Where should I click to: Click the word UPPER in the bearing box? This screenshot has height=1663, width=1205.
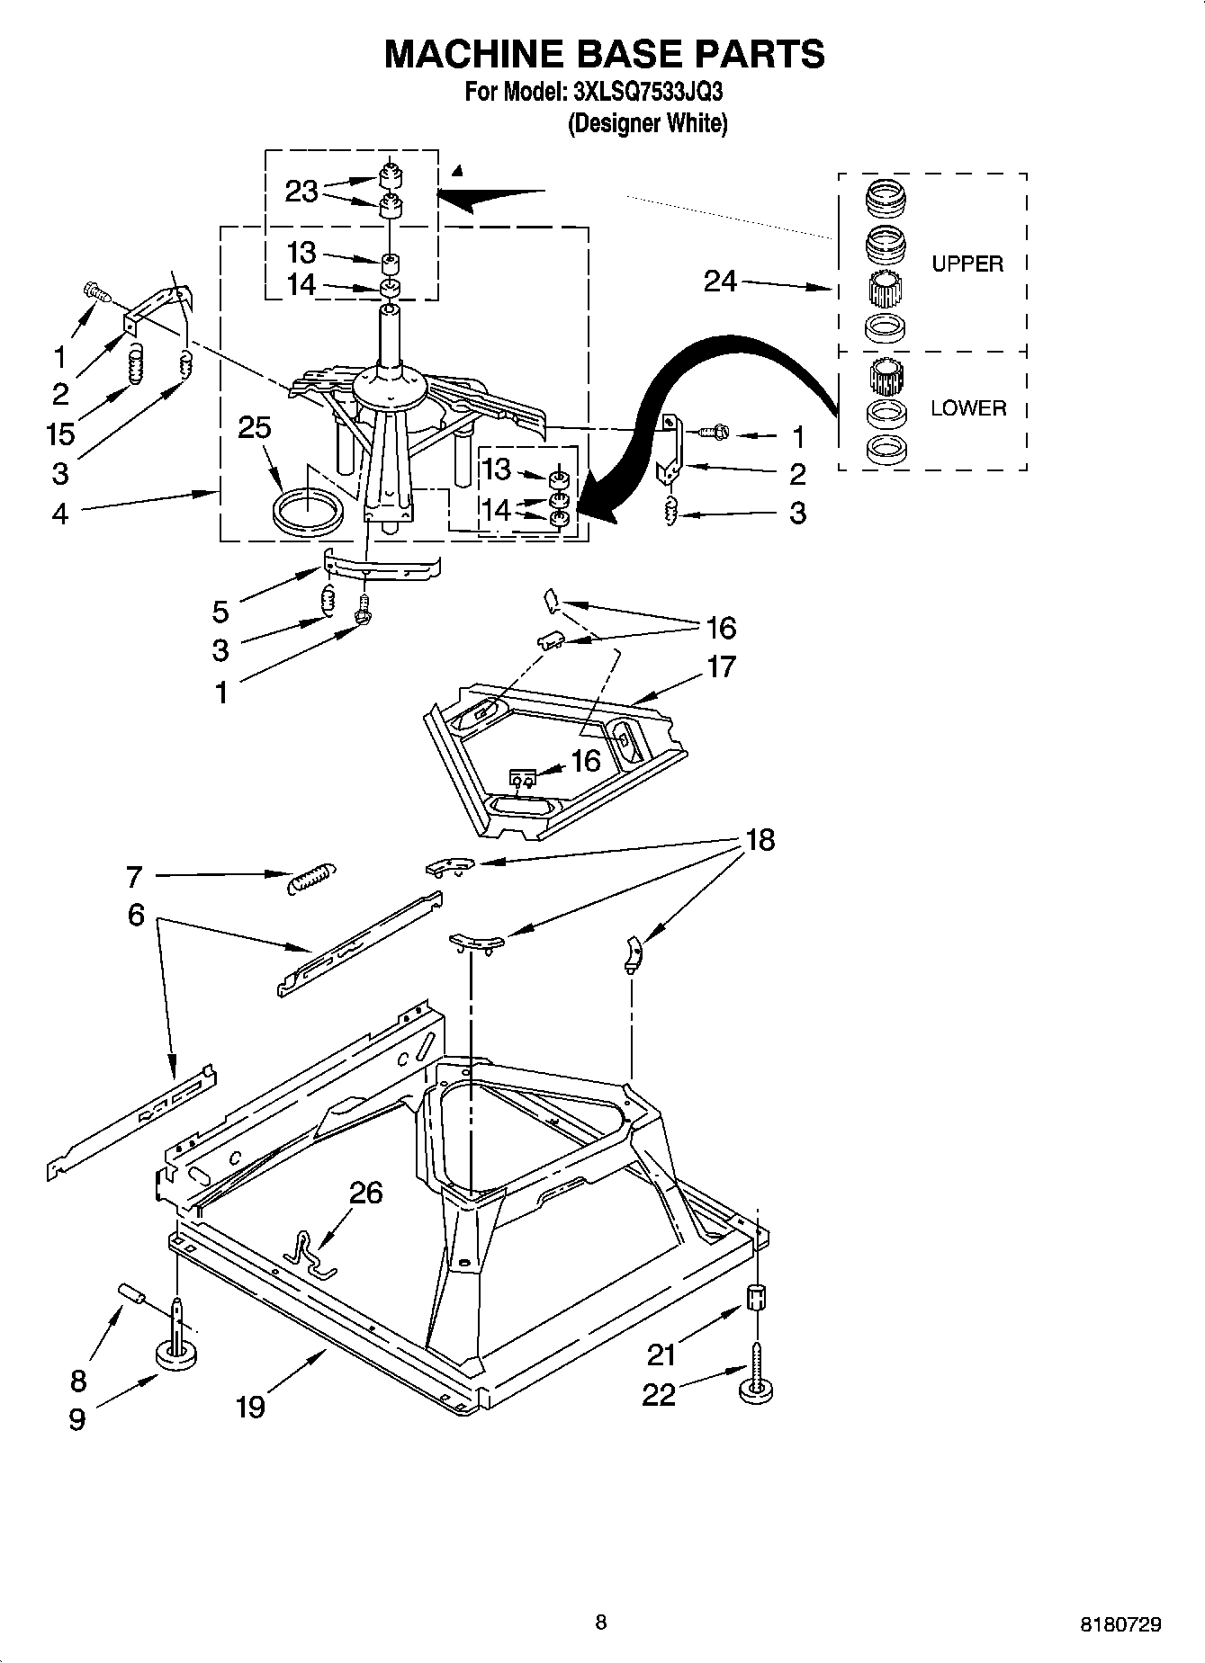967,264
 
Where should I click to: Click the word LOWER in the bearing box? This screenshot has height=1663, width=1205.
967,407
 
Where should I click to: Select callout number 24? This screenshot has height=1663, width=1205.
720,282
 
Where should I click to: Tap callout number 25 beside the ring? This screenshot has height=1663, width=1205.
254,427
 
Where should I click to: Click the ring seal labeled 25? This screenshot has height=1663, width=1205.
308,514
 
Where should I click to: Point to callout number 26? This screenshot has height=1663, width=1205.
365,1193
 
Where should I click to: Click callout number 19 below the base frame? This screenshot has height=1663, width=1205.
250,1407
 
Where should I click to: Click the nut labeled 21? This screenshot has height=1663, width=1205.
757,1298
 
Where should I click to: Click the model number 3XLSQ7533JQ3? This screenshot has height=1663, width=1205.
645,92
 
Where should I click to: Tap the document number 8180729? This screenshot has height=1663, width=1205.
1120,1624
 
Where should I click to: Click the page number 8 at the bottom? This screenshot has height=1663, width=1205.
600,1622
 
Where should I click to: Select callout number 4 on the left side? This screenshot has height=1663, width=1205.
59,514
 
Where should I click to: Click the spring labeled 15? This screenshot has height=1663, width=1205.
134,365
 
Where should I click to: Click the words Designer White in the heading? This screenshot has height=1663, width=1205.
646,123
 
